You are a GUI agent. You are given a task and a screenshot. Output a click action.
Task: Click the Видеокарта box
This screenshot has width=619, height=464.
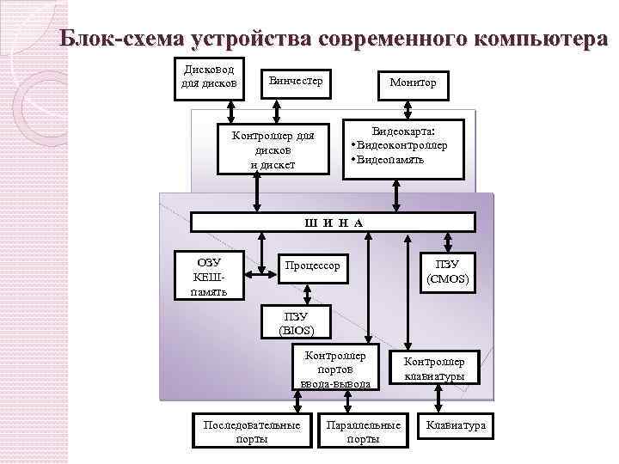[403, 147]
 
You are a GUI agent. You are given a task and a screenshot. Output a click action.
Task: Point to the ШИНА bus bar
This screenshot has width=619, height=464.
[333, 223]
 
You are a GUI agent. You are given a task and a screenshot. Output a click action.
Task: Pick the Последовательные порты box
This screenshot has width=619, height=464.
[251, 431]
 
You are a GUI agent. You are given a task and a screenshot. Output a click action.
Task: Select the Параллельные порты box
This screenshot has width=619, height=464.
[363, 431]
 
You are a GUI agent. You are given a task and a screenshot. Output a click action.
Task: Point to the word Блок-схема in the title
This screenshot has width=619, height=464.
[123, 40]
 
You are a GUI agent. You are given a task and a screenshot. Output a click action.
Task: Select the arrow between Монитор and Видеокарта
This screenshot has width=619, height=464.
[404, 107]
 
